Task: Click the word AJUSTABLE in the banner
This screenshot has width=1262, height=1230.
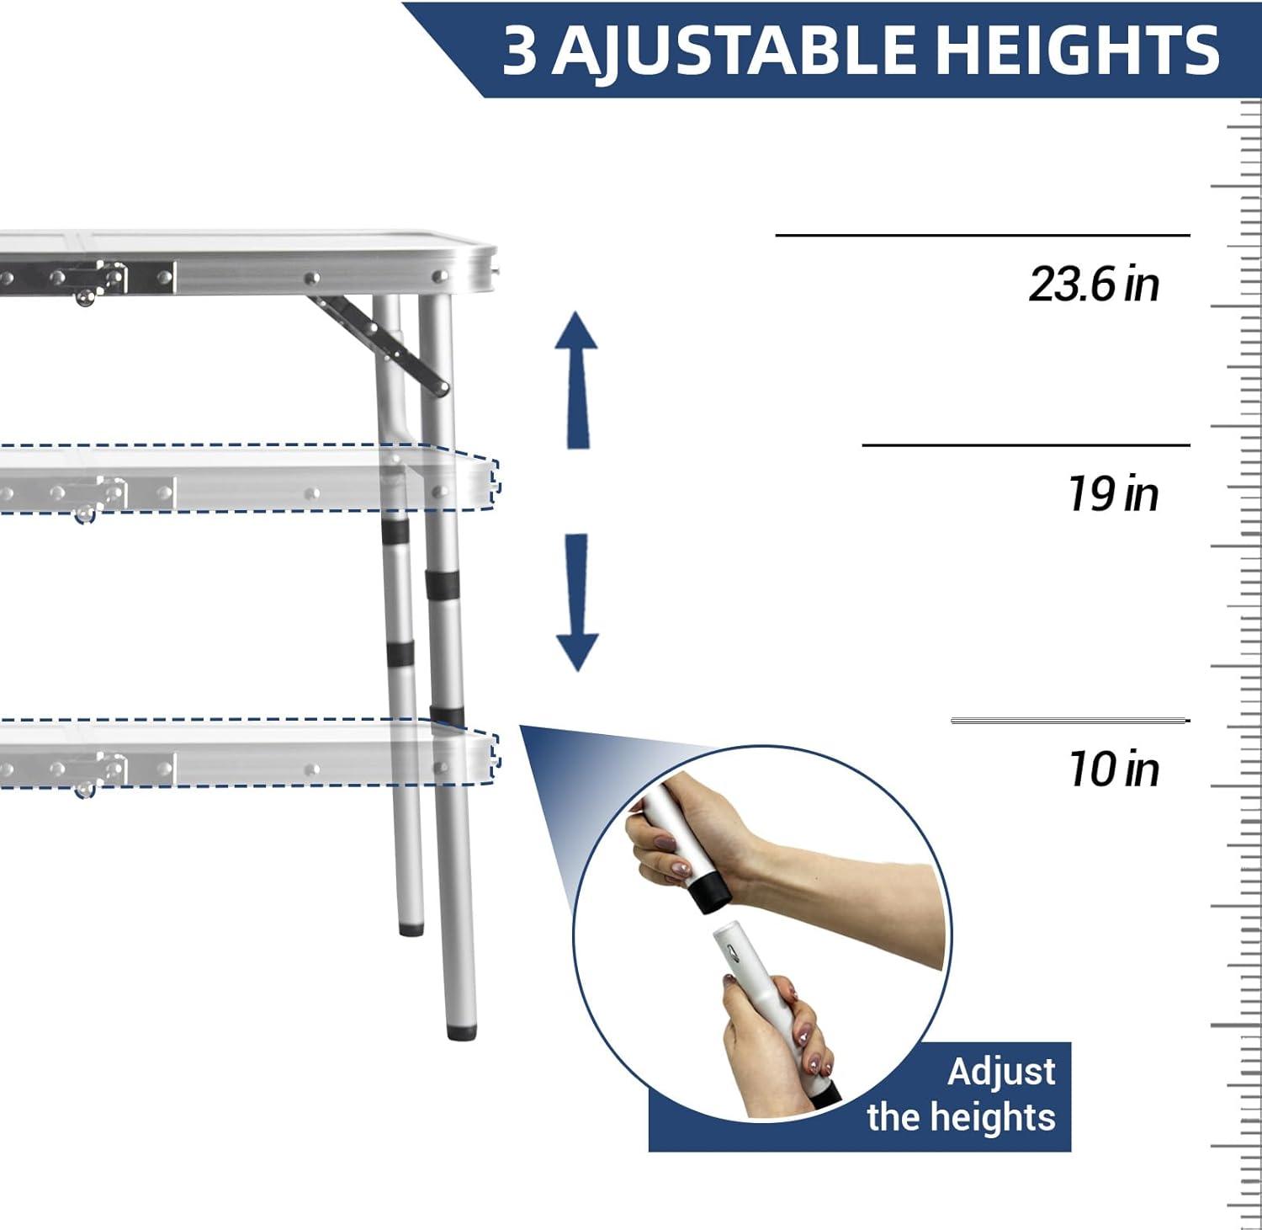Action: (x=732, y=51)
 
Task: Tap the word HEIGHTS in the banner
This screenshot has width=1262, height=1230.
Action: (x=1077, y=51)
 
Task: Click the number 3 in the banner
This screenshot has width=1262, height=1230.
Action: (x=519, y=51)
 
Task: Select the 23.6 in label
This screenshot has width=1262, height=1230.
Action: (x=1094, y=285)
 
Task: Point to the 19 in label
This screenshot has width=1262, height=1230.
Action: (x=1112, y=493)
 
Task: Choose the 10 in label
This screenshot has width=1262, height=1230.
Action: (x=1112, y=769)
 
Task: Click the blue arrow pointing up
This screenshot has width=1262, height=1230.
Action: (x=576, y=379)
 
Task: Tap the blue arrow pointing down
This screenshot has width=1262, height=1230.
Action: (x=577, y=602)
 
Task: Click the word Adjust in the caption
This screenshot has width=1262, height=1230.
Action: (x=1001, y=1073)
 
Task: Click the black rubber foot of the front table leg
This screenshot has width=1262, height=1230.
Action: (x=459, y=1030)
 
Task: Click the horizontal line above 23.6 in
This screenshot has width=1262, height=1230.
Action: (x=982, y=236)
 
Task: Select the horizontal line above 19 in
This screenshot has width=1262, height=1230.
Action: (x=1026, y=445)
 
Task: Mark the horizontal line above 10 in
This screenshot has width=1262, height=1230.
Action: (x=1068, y=721)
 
